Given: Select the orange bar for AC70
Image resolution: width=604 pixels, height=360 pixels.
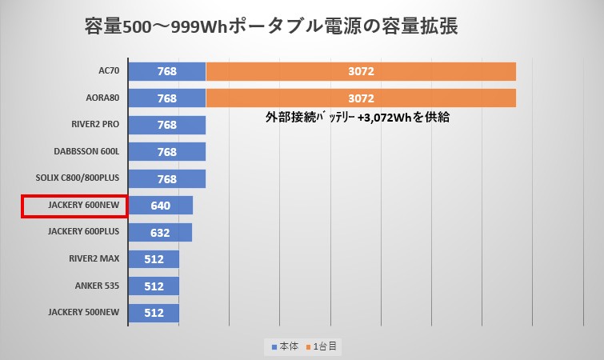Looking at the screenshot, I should [x=361, y=72].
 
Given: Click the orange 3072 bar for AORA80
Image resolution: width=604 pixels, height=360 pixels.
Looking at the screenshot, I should [x=361, y=98].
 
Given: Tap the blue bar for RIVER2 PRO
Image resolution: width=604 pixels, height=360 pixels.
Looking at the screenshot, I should [x=166, y=125].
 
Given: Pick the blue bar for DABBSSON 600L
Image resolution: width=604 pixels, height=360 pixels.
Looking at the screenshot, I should [x=166, y=152].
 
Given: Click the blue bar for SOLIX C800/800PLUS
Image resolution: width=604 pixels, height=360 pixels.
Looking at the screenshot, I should [x=166, y=178].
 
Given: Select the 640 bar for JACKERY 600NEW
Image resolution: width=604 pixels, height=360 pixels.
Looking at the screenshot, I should [x=160, y=206].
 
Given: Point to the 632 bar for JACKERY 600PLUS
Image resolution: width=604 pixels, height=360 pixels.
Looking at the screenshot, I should [x=159, y=232].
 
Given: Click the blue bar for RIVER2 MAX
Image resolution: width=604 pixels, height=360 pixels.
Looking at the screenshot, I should [x=153, y=259].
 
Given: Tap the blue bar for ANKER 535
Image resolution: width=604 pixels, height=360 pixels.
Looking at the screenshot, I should [x=153, y=286].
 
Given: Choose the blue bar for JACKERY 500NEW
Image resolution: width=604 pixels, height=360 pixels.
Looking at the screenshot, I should [x=153, y=313].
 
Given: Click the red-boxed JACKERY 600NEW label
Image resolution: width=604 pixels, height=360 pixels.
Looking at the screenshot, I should [x=74, y=206].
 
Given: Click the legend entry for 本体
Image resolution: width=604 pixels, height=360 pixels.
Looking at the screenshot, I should [x=284, y=346].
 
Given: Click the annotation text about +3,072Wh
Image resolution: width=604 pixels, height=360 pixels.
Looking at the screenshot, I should [x=357, y=118].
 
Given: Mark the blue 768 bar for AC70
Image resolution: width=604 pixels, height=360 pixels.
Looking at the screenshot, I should [x=166, y=72].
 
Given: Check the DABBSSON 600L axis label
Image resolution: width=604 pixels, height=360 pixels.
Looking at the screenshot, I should [x=86, y=152].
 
